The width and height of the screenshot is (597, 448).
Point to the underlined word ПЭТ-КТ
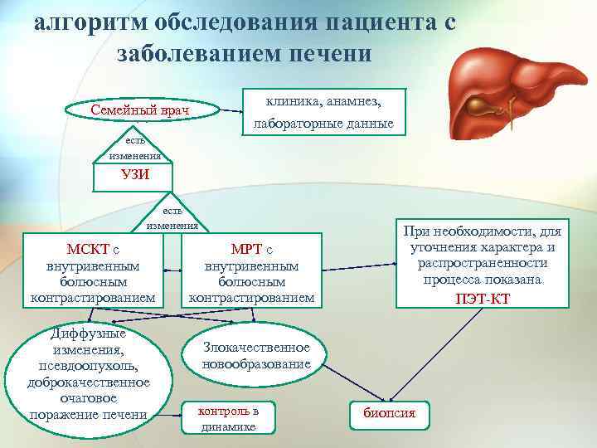click(483, 298)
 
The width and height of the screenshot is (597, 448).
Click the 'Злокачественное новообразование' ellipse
click(256, 355)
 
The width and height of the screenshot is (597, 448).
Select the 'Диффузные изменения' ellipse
click(89, 373)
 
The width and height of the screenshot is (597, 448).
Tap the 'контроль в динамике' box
click(228, 418)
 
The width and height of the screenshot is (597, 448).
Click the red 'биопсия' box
click(390, 413)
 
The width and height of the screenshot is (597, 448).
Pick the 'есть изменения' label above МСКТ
click(172, 217)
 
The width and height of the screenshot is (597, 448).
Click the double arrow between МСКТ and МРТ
click(173, 270)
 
